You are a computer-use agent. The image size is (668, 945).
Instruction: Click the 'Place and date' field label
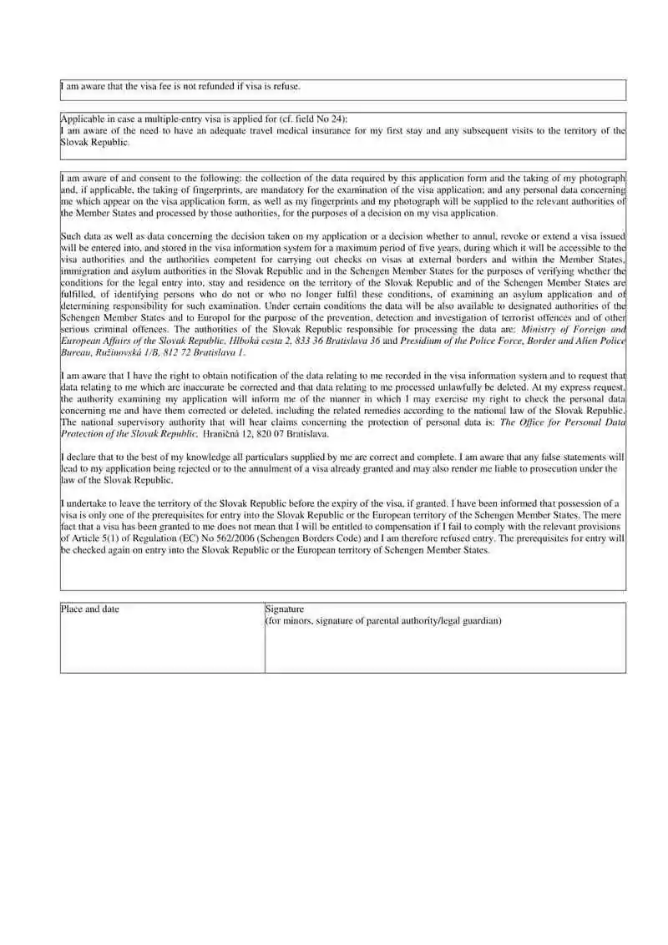(x=90, y=609)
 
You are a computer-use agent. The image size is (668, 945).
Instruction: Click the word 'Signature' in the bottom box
(x=285, y=609)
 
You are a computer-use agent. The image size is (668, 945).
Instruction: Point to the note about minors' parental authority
(x=383, y=621)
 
